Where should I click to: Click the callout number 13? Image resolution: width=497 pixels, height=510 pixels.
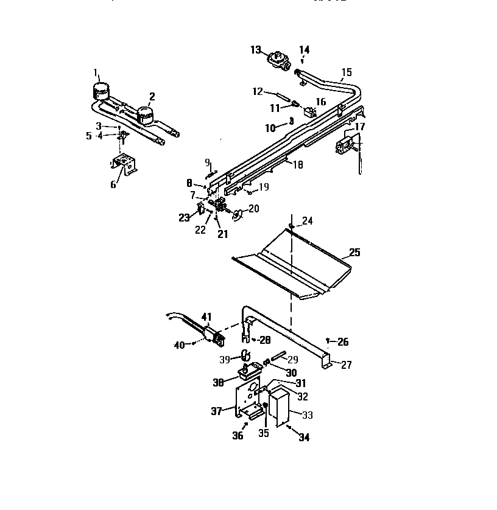tap(256, 49)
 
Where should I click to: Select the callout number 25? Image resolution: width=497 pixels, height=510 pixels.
tap(354, 252)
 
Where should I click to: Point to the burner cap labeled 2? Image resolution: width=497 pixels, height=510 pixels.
tap(144, 114)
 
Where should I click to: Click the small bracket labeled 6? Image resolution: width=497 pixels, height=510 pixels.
tap(123, 164)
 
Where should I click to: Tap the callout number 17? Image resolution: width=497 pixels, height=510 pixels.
tap(360, 127)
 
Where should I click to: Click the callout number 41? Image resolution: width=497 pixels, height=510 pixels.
tap(206, 316)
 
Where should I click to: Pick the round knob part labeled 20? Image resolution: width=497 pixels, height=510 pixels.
tap(237, 211)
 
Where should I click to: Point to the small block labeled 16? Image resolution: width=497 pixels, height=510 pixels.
tap(311, 112)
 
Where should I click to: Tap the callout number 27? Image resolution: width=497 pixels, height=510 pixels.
tap(346, 365)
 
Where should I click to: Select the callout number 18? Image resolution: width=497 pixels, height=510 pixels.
tap(297, 164)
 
